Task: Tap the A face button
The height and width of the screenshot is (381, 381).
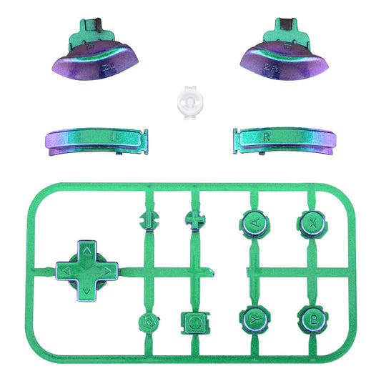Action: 254,224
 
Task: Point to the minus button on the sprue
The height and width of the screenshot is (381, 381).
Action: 149,220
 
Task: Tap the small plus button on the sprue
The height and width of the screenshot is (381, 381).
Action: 195,220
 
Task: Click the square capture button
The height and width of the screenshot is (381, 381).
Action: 195,321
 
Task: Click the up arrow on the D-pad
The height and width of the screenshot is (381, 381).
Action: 85,251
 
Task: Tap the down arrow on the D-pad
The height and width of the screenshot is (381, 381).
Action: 85,291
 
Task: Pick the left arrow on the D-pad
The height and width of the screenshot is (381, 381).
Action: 66,271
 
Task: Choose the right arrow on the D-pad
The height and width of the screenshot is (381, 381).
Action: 105,271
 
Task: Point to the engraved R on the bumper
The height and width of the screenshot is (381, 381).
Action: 266,134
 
